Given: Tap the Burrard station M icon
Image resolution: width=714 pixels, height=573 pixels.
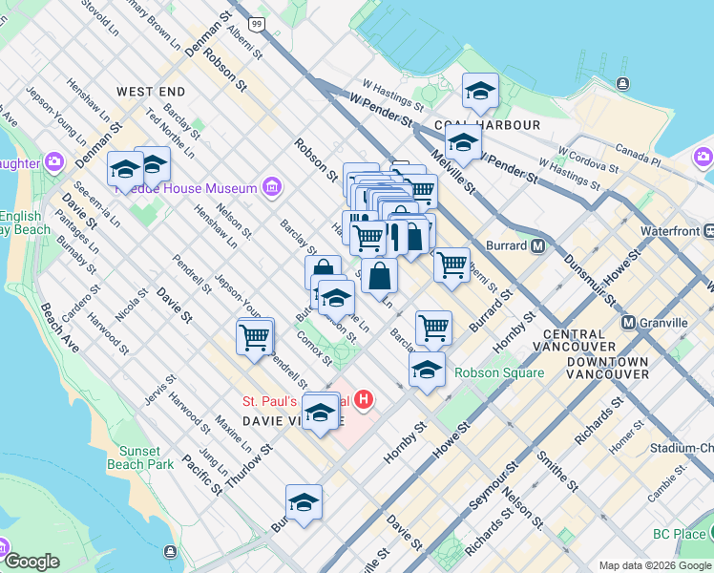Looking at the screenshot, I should coord(537,245).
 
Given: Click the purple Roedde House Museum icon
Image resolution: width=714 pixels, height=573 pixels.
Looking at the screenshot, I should coord(273,187).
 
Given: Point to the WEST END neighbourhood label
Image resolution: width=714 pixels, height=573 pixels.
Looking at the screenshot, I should coord(150,92).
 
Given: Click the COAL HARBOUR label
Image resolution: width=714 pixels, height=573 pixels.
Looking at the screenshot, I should coord(487,125).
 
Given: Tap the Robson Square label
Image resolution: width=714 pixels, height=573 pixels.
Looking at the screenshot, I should coord(499,373).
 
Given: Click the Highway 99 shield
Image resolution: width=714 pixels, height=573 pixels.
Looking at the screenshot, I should coord(257,22).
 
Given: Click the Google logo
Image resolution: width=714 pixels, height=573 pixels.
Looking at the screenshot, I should coord(31,562).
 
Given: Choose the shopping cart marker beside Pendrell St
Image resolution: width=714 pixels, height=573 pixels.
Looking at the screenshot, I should coord(255,338).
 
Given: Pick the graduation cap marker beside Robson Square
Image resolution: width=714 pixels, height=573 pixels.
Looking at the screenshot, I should coord(427,369).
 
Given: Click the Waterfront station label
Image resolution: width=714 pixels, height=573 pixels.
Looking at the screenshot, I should coord(670,231).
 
